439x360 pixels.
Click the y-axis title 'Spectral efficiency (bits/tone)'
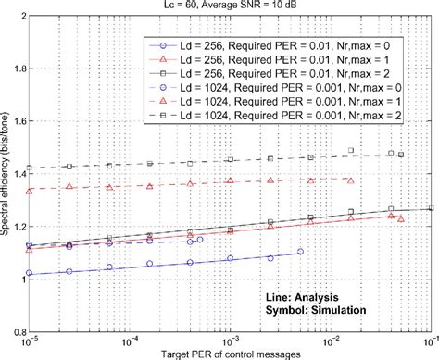tap(8, 177)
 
